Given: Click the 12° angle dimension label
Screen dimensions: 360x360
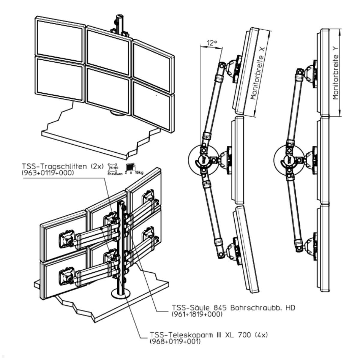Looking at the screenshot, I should [x=212, y=43].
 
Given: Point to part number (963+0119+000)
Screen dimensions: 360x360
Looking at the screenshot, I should [x=48, y=173].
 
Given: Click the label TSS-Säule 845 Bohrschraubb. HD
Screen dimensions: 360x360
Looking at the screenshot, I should [x=233, y=308].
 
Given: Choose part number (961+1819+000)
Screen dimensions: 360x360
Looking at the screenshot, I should [x=197, y=314].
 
